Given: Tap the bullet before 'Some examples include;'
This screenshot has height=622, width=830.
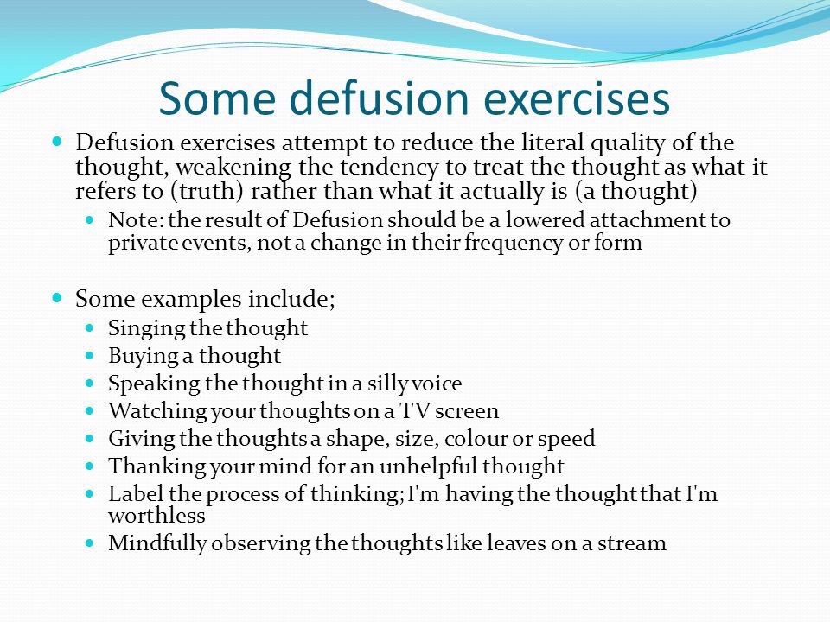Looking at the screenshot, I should [x=59, y=298].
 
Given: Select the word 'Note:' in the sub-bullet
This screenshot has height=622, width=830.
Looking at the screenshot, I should [x=130, y=220].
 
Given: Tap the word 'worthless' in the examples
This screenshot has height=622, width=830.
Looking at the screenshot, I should [x=156, y=516].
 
